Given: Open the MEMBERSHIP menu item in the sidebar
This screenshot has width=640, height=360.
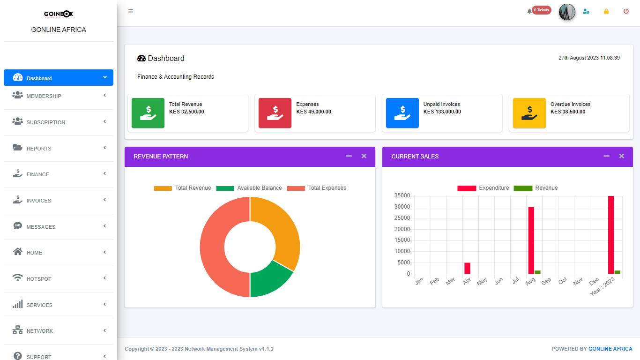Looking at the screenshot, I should [x=44, y=96].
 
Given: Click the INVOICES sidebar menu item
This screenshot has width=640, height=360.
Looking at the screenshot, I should [x=39, y=201].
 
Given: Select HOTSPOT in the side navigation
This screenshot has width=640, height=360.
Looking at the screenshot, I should [x=39, y=279].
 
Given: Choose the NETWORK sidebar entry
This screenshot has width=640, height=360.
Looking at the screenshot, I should [x=40, y=331].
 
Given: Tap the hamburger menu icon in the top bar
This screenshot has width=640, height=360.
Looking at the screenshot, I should [x=131, y=11].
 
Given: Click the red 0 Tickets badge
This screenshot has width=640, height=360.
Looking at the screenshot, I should [x=541, y=10].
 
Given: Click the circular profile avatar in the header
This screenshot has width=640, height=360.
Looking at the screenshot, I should [x=567, y=12].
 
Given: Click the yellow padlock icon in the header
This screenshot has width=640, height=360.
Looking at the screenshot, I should [x=606, y=11].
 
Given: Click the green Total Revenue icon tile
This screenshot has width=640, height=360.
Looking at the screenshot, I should [x=148, y=113].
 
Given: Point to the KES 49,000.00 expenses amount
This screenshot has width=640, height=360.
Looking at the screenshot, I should [x=314, y=112].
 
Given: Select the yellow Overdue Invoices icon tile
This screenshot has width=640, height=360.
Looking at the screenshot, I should [x=529, y=113].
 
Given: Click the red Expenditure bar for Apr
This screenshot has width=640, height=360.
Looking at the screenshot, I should [x=467, y=268].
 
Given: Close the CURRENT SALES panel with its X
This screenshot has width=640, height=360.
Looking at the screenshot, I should [x=622, y=156].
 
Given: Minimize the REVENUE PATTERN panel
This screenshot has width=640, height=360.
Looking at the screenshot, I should [x=349, y=156].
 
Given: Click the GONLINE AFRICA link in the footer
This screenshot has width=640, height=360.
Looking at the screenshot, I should [x=610, y=349].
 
